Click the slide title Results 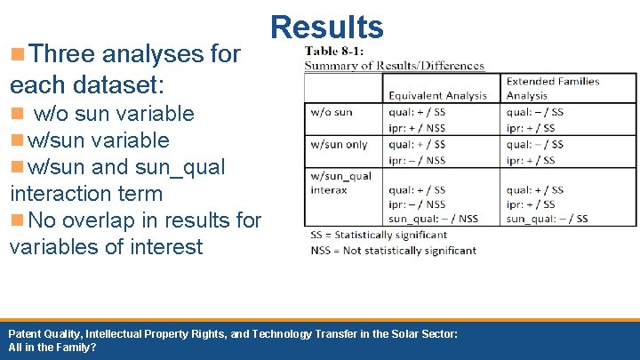[x=327, y=27]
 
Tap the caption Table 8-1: [x=333, y=50]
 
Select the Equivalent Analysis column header [x=437, y=95]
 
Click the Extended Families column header [x=552, y=82]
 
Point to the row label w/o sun [x=332, y=112]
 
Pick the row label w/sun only [x=339, y=144]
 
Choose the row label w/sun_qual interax [x=340, y=183]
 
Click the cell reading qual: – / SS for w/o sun [x=534, y=112]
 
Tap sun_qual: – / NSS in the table [x=433, y=219]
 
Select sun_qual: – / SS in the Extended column [x=547, y=219]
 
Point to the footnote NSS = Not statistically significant [x=393, y=250]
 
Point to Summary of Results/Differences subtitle [x=395, y=65]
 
